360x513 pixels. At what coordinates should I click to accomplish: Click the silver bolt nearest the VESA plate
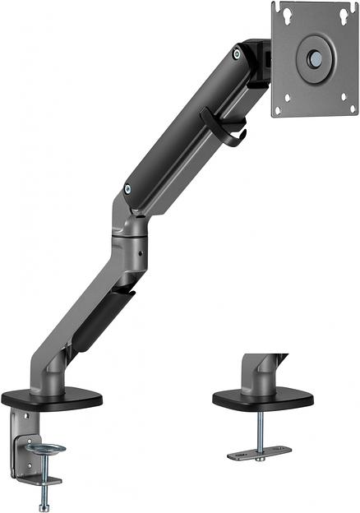(x=237, y=54)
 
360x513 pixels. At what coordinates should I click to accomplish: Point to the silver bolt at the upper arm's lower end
(x=127, y=189)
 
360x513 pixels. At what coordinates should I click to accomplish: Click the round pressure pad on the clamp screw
(x=44, y=449)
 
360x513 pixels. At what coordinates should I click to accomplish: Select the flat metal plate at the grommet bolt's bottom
(x=258, y=451)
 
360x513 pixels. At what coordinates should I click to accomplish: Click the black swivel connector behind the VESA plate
(x=261, y=62)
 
